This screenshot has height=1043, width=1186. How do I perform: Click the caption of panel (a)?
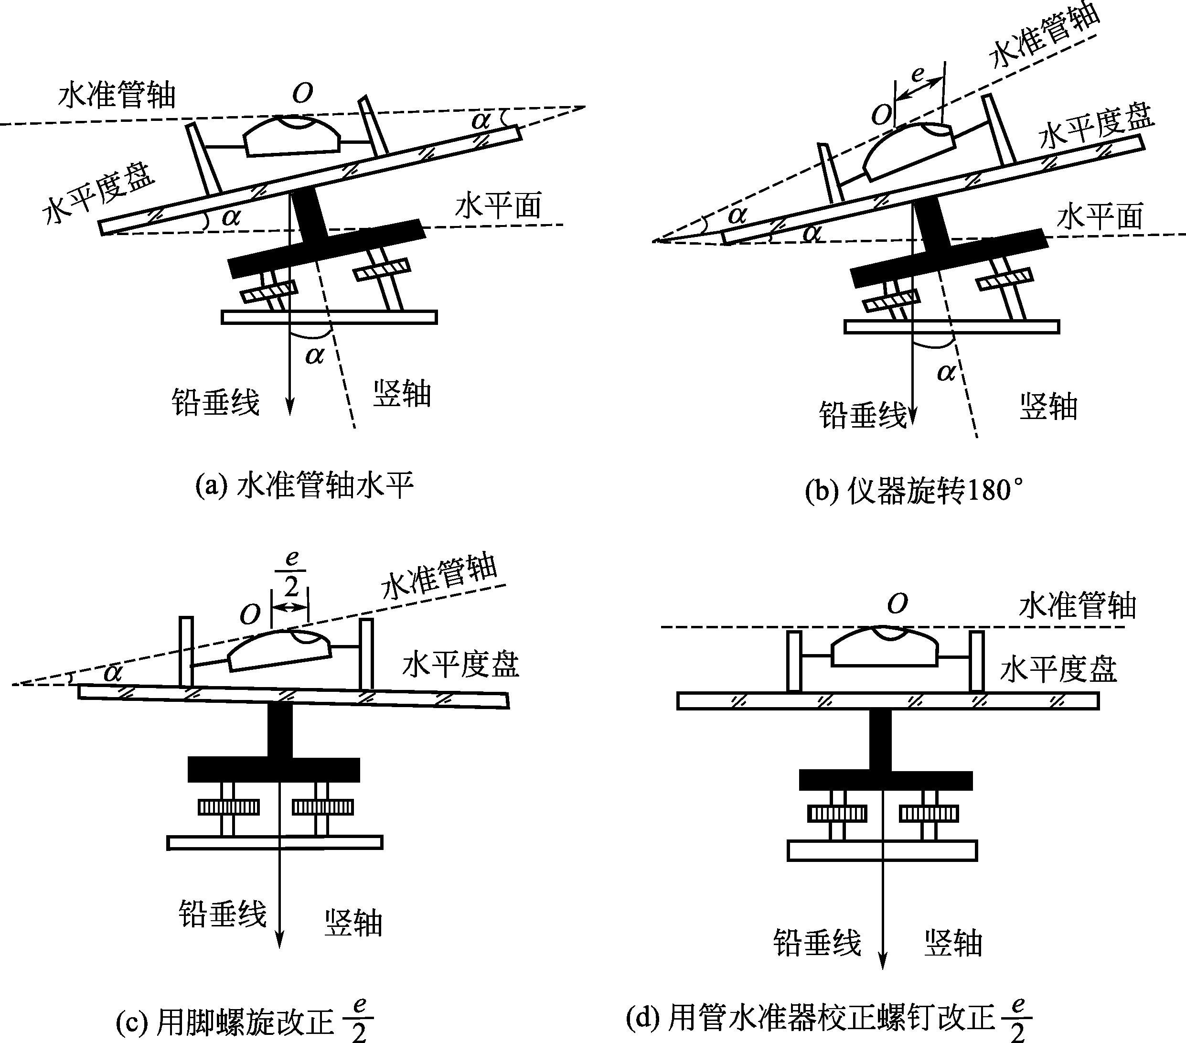point(304,485)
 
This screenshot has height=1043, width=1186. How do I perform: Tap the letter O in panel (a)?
point(302,93)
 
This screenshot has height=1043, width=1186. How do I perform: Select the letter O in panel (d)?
point(897,604)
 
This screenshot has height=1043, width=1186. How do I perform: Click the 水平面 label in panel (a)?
point(498,206)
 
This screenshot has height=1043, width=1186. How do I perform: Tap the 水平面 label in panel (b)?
point(1100,216)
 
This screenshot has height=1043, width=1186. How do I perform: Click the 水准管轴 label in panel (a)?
point(117,95)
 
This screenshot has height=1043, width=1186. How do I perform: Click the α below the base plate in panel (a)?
point(314,354)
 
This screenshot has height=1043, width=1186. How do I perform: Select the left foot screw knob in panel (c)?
point(229,807)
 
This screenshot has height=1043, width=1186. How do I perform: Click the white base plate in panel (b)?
point(951,327)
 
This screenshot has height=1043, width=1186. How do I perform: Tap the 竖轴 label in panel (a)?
point(402,394)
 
